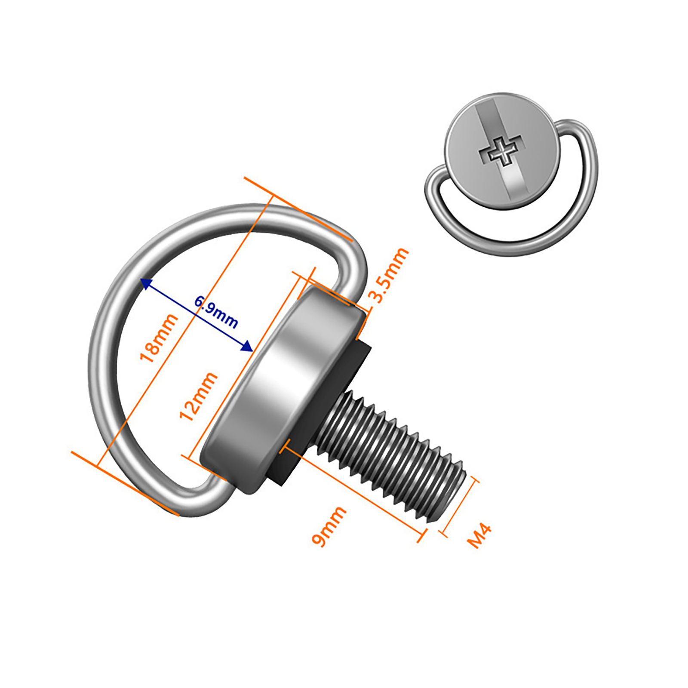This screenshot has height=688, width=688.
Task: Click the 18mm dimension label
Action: (159, 338)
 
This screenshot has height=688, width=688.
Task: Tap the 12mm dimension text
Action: (198, 396)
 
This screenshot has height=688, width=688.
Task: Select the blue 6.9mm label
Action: (216, 311)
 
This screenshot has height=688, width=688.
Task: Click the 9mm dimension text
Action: (329, 526)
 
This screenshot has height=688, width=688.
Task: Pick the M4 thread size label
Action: (479, 536)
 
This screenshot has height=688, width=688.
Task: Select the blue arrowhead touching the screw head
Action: (247, 346)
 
